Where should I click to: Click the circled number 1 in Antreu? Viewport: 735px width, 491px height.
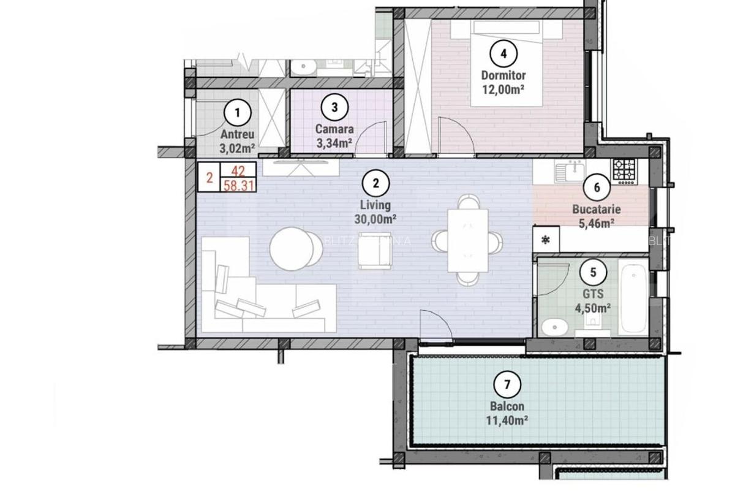pyautogui.click(x=238, y=113)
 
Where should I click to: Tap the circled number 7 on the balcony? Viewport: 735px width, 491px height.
pyautogui.click(x=507, y=386)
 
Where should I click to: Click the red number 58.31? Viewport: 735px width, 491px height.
pyautogui.click(x=239, y=185)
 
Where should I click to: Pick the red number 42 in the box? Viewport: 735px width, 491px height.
pyautogui.click(x=239, y=172)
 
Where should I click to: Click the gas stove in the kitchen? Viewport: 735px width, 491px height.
pyautogui.click(x=625, y=172)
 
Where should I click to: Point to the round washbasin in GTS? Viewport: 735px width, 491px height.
pyautogui.click(x=555, y=327)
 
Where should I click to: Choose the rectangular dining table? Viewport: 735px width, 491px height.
pyautogui.click(x=468, y=240)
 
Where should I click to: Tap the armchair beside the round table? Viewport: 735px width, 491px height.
pyautogui.click(x=375, y=250)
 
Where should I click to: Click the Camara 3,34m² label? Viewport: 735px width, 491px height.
pyautogui.click(x=334, y=136)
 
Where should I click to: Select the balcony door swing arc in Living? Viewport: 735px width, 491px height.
pyautogui.click(x=437, y=325)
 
